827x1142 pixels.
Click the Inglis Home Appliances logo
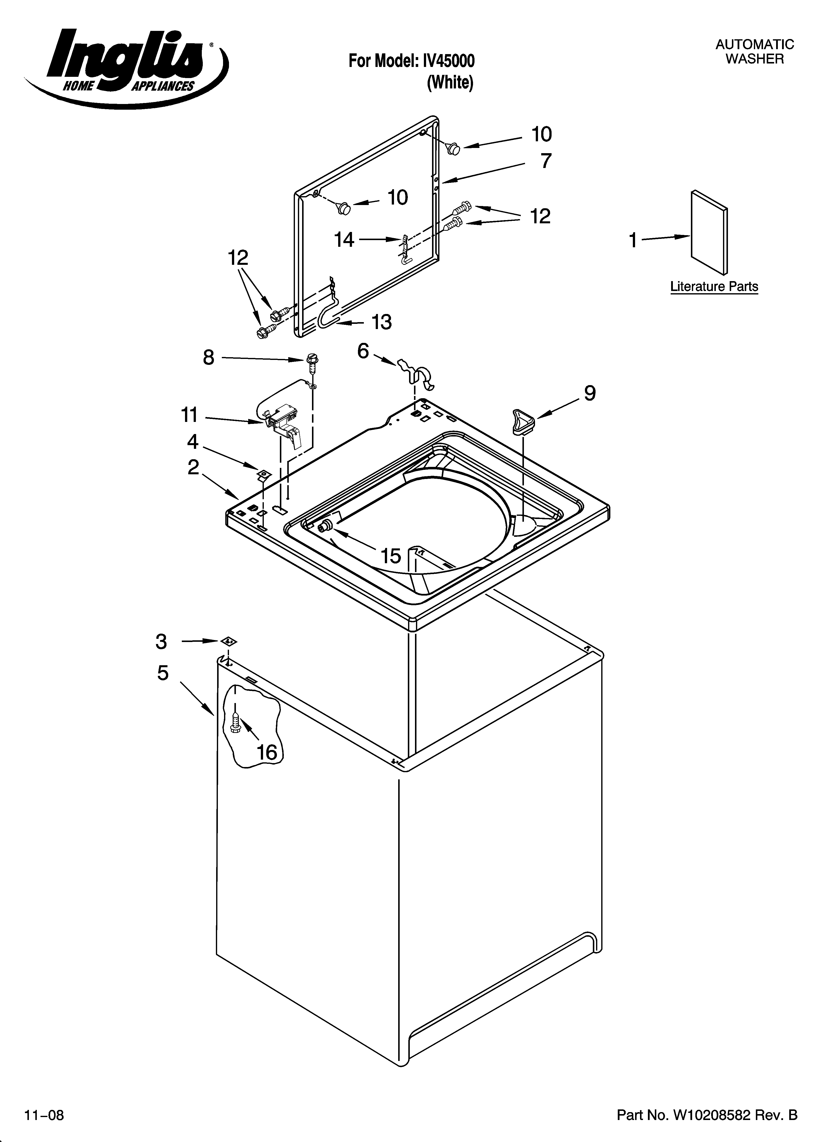[126, 65]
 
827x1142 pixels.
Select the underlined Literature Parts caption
[714, 287]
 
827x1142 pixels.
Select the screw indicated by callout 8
[312, 362]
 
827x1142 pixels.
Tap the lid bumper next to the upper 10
[453, 148]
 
